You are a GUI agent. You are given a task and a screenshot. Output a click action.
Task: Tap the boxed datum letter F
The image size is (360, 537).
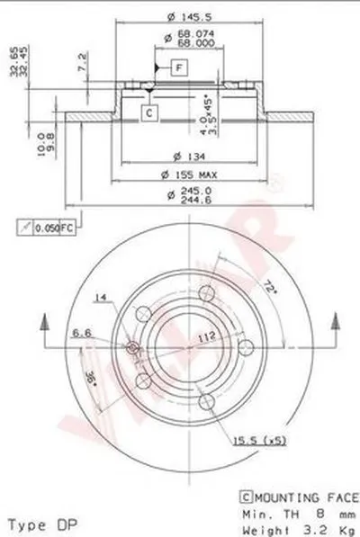[x=179, y=67]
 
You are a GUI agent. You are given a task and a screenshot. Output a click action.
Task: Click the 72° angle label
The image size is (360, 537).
[x=269, y=290]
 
